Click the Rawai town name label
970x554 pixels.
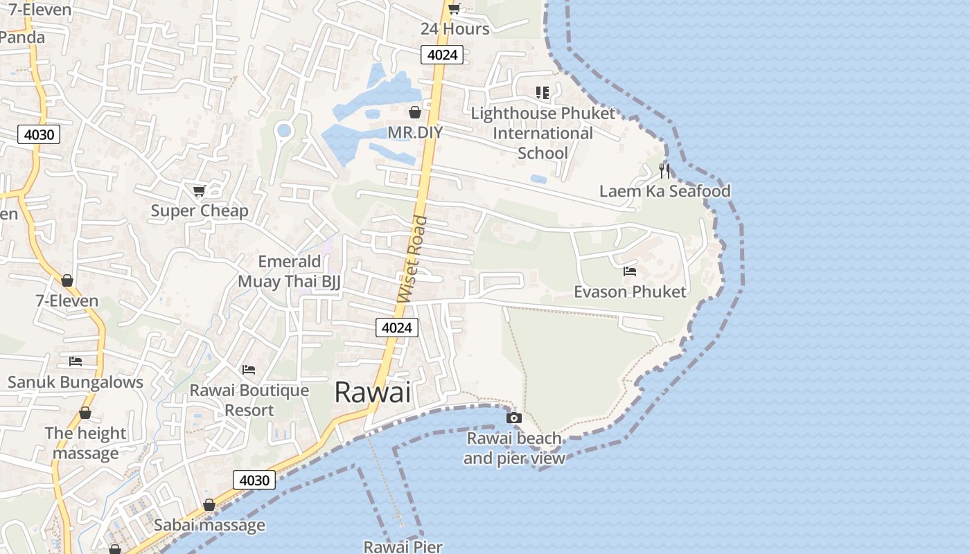[373, 393]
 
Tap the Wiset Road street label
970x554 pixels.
[413, 259]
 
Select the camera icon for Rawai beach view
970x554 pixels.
[514, 418]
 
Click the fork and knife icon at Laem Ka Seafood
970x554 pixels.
[664, 170]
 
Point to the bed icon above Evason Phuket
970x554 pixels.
[630, 271]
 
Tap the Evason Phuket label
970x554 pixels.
[630, 292]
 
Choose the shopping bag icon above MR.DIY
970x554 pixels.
[415, 111]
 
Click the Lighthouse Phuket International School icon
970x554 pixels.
[543, 92]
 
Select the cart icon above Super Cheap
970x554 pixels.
[199, 190]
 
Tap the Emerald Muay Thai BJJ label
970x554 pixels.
[289, 271]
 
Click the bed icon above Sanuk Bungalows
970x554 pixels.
[76, 361]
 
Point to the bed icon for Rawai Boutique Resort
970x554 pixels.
[249, 370]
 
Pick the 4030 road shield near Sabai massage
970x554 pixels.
[254, 480]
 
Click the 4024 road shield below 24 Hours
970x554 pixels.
[441, 55]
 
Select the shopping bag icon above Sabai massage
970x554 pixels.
[209, 506]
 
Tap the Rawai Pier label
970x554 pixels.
[403, 546]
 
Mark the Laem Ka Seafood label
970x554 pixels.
[664, 191]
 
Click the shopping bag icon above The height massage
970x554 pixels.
[85, 413]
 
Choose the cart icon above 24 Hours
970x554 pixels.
[454, 9]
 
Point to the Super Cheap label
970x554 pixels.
[200, 211]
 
